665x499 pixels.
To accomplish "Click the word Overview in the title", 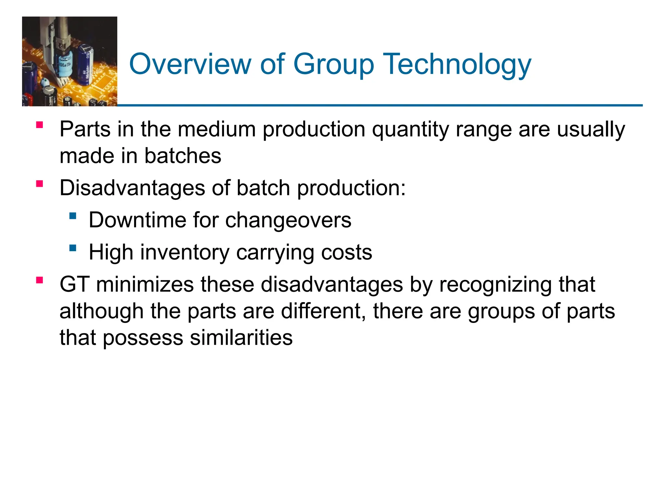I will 190,64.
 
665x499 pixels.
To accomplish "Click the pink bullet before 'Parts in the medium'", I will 40,125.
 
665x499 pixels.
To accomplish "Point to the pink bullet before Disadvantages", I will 40,184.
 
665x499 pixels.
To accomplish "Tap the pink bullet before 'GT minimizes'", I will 40,280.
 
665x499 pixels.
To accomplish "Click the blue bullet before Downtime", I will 73,216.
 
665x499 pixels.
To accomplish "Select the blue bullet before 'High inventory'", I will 73,248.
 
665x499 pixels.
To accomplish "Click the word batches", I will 182,156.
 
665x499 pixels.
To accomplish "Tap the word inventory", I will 185,253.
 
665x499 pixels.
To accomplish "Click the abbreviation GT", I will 74,284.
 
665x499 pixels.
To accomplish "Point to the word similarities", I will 241,338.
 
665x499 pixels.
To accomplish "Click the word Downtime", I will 137,220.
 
